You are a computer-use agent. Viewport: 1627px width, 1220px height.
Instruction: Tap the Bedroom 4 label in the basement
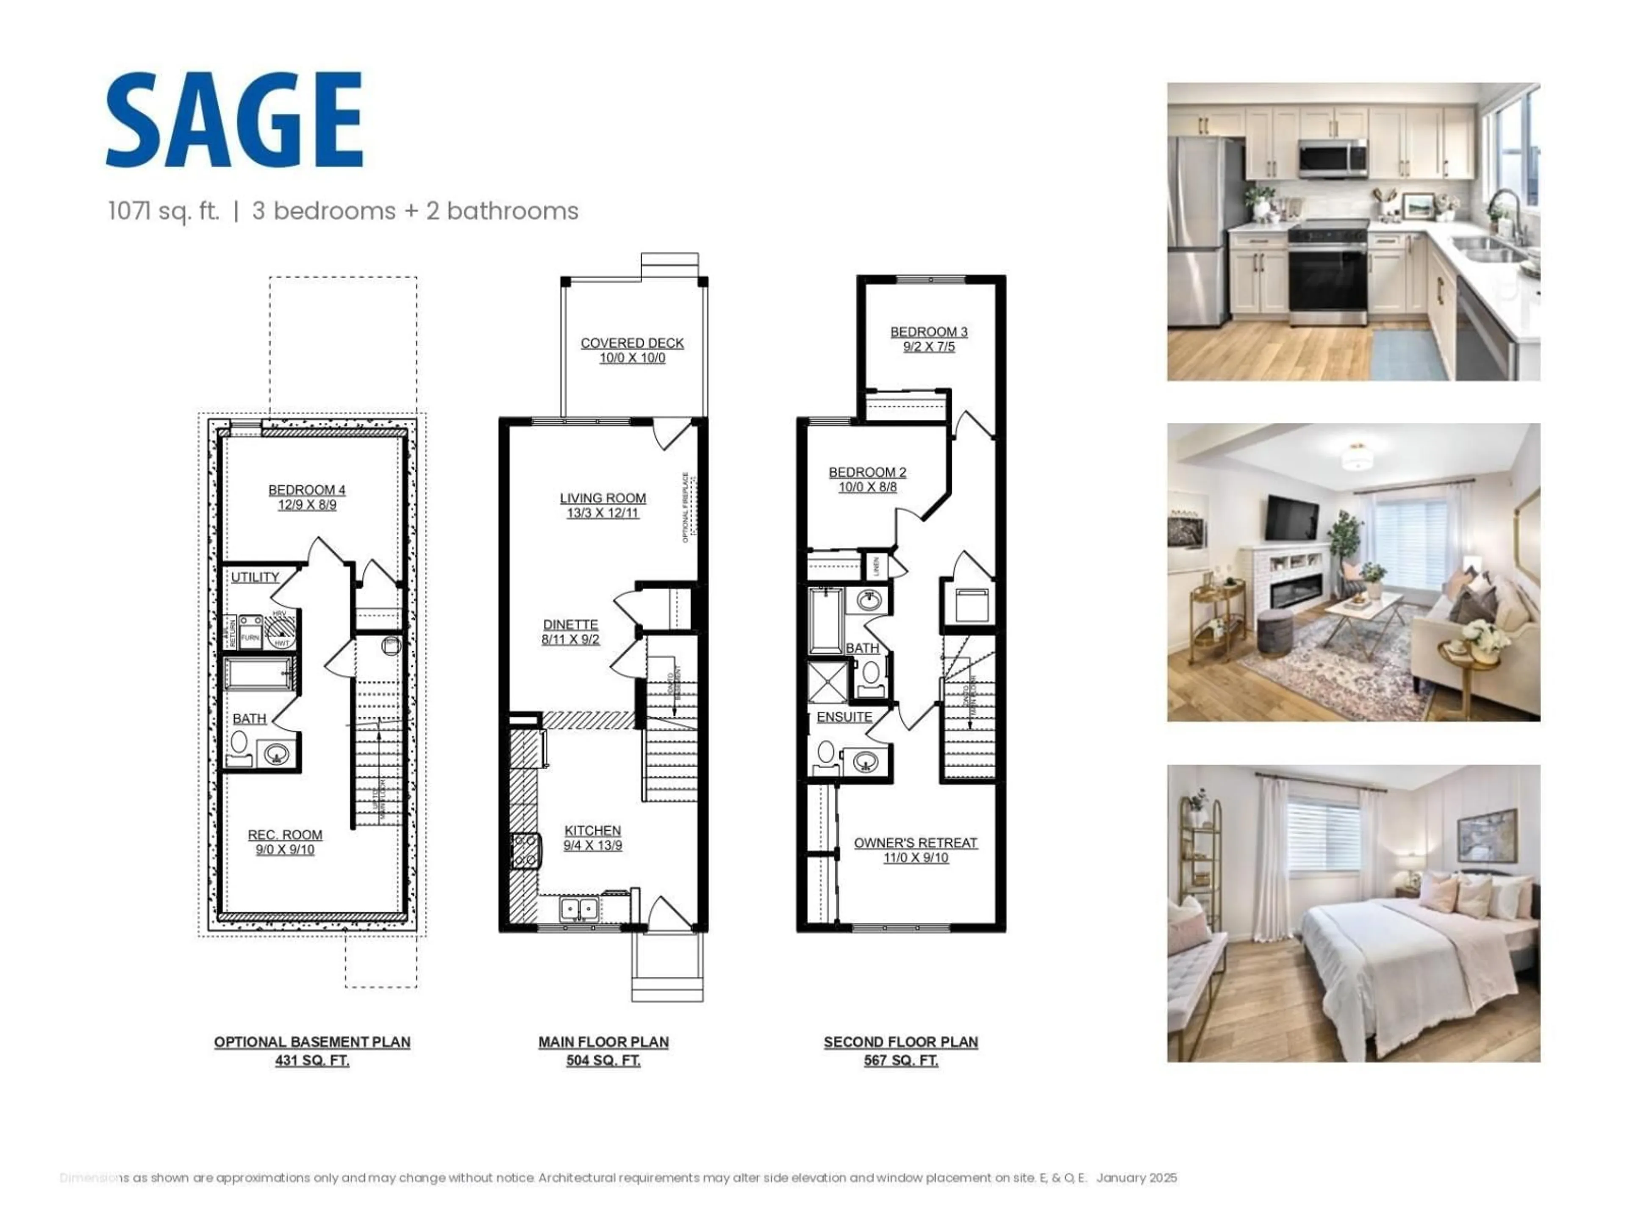point(307,490)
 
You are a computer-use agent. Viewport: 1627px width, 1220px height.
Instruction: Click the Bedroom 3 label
point(929,332)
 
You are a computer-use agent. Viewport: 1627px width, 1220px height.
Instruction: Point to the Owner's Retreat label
point(915,843)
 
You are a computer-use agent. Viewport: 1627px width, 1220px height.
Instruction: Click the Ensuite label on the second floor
point(844,717)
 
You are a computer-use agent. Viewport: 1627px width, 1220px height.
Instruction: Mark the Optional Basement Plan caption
point(312,1042)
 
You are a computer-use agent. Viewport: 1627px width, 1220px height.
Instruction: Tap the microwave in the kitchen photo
point(1332,158)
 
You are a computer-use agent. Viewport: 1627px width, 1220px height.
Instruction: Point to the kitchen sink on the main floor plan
point(579,909)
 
